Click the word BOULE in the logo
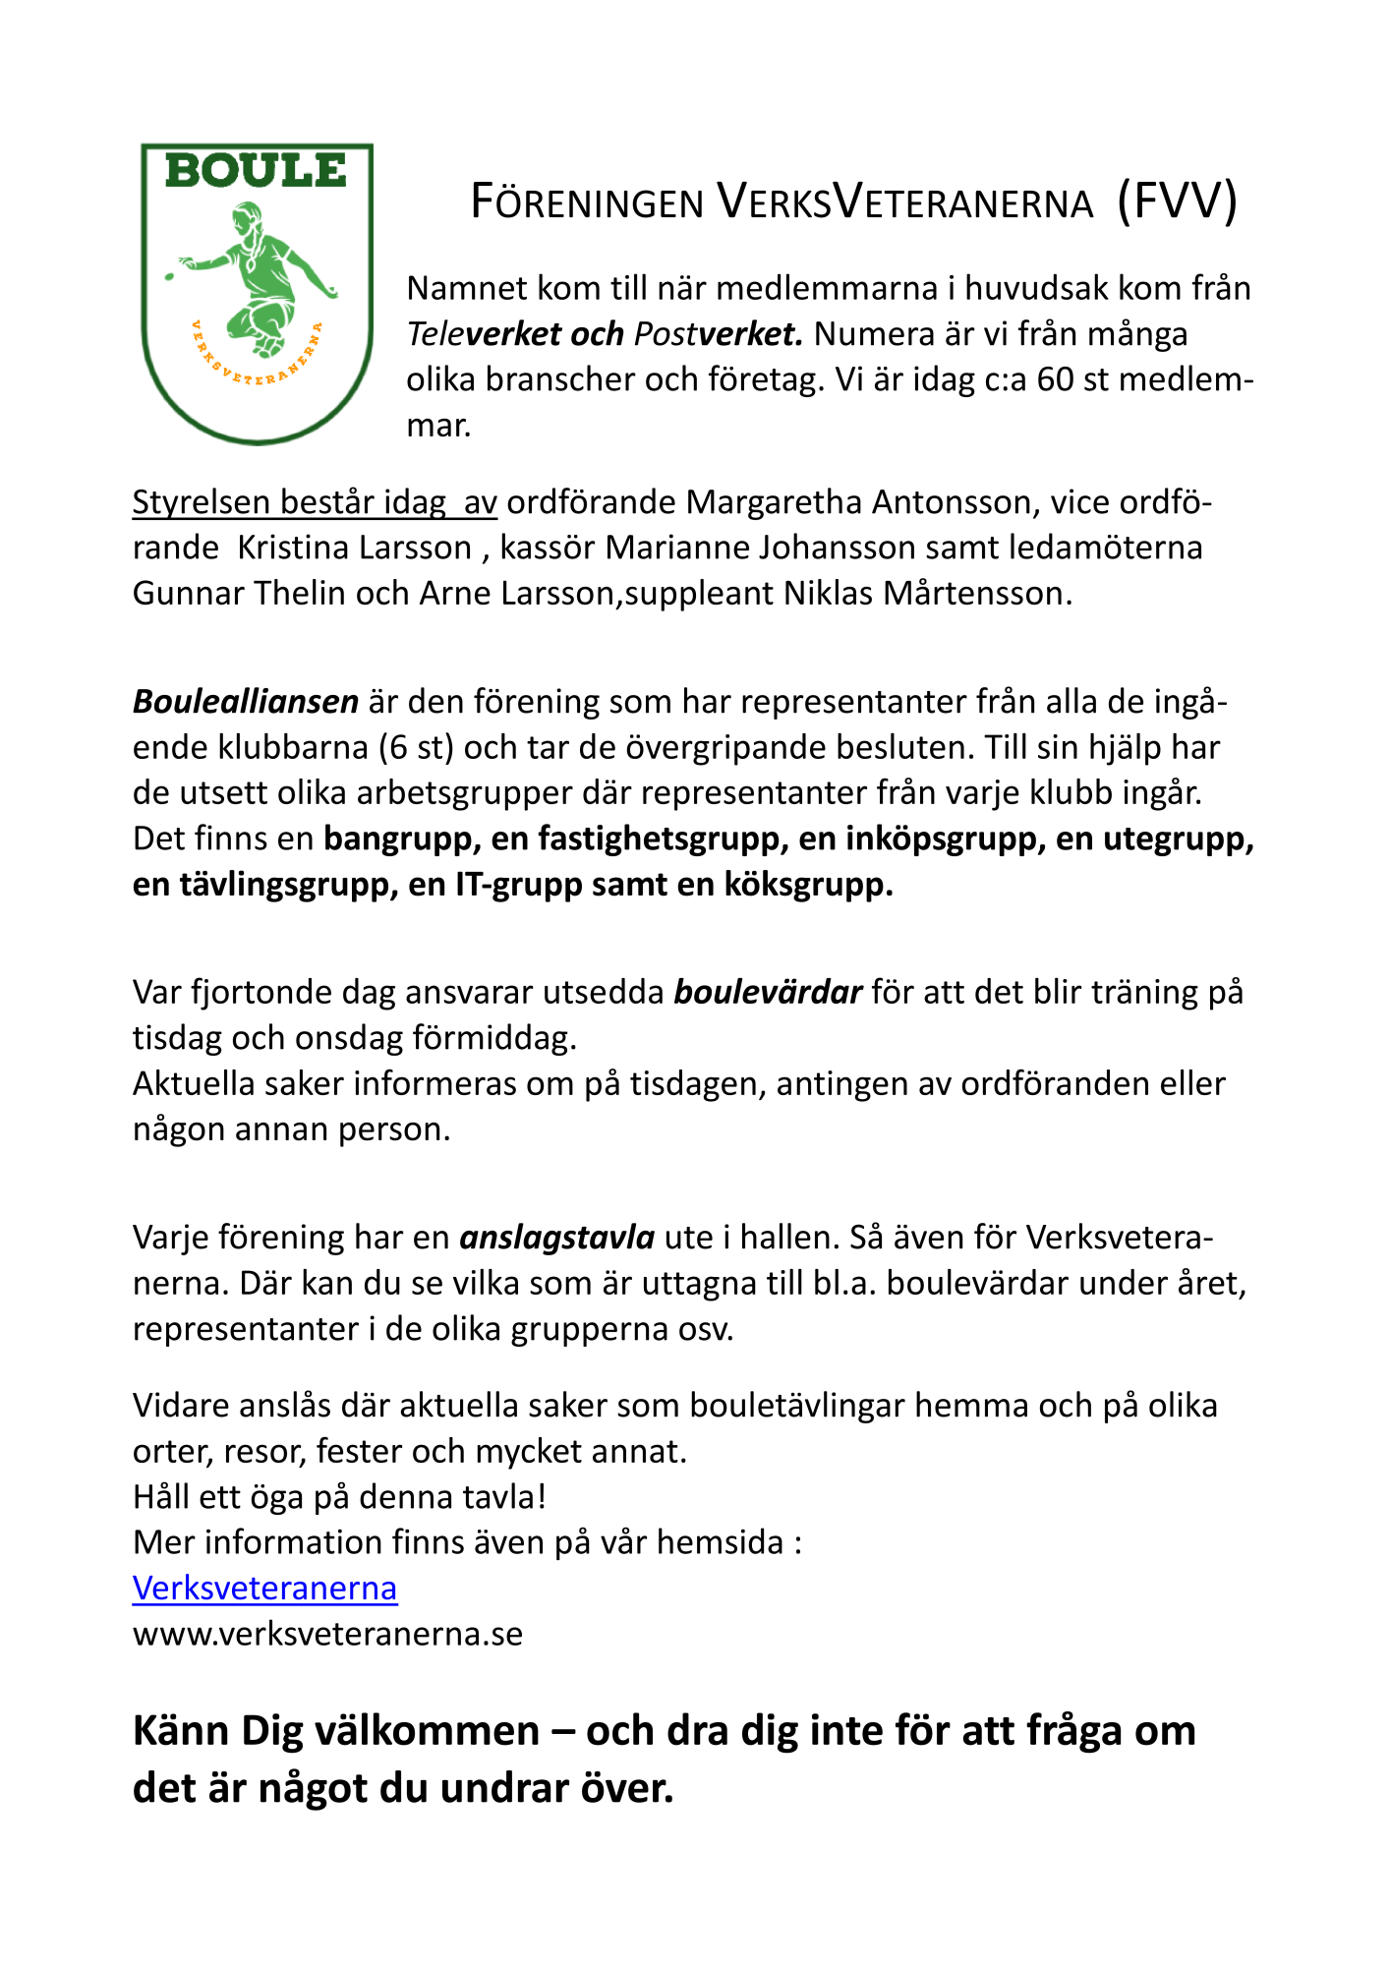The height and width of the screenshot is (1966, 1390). click(256, 171)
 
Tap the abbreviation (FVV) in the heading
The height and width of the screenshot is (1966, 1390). click(1177, 202)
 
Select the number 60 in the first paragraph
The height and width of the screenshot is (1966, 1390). click(1055, 379)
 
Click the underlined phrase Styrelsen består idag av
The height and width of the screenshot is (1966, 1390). click(315, 502)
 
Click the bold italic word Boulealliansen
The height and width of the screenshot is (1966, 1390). click(246, 702)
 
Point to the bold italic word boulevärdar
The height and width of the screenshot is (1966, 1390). click(768, 992)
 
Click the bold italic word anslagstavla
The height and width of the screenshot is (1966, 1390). click(557, 1237)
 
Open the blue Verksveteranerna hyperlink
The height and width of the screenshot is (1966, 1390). click(264, 1589)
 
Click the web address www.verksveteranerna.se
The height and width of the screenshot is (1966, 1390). click(327, 1634)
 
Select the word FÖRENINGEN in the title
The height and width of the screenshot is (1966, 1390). click(587, 203)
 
